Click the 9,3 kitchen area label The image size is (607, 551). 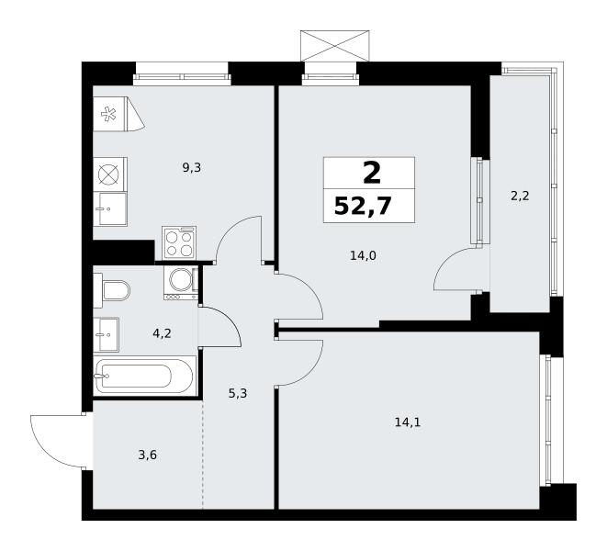[192, 168]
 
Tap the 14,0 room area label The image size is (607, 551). [363, 255]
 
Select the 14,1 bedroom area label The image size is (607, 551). [407, 422]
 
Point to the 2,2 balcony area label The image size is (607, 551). [520, 197]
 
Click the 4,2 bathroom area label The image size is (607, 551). [162, 333]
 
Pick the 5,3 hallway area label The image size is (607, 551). [238, 394]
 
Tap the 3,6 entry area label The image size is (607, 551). [148, 455]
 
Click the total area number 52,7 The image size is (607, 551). [363, 206]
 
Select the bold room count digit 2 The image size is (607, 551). [372, 174]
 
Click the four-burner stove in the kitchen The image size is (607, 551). [179, 242]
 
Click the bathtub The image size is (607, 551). [143, 376]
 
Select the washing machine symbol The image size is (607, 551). [181, 283]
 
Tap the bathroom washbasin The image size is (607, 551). [107, 334]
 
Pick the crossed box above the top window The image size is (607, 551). [335, 46]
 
